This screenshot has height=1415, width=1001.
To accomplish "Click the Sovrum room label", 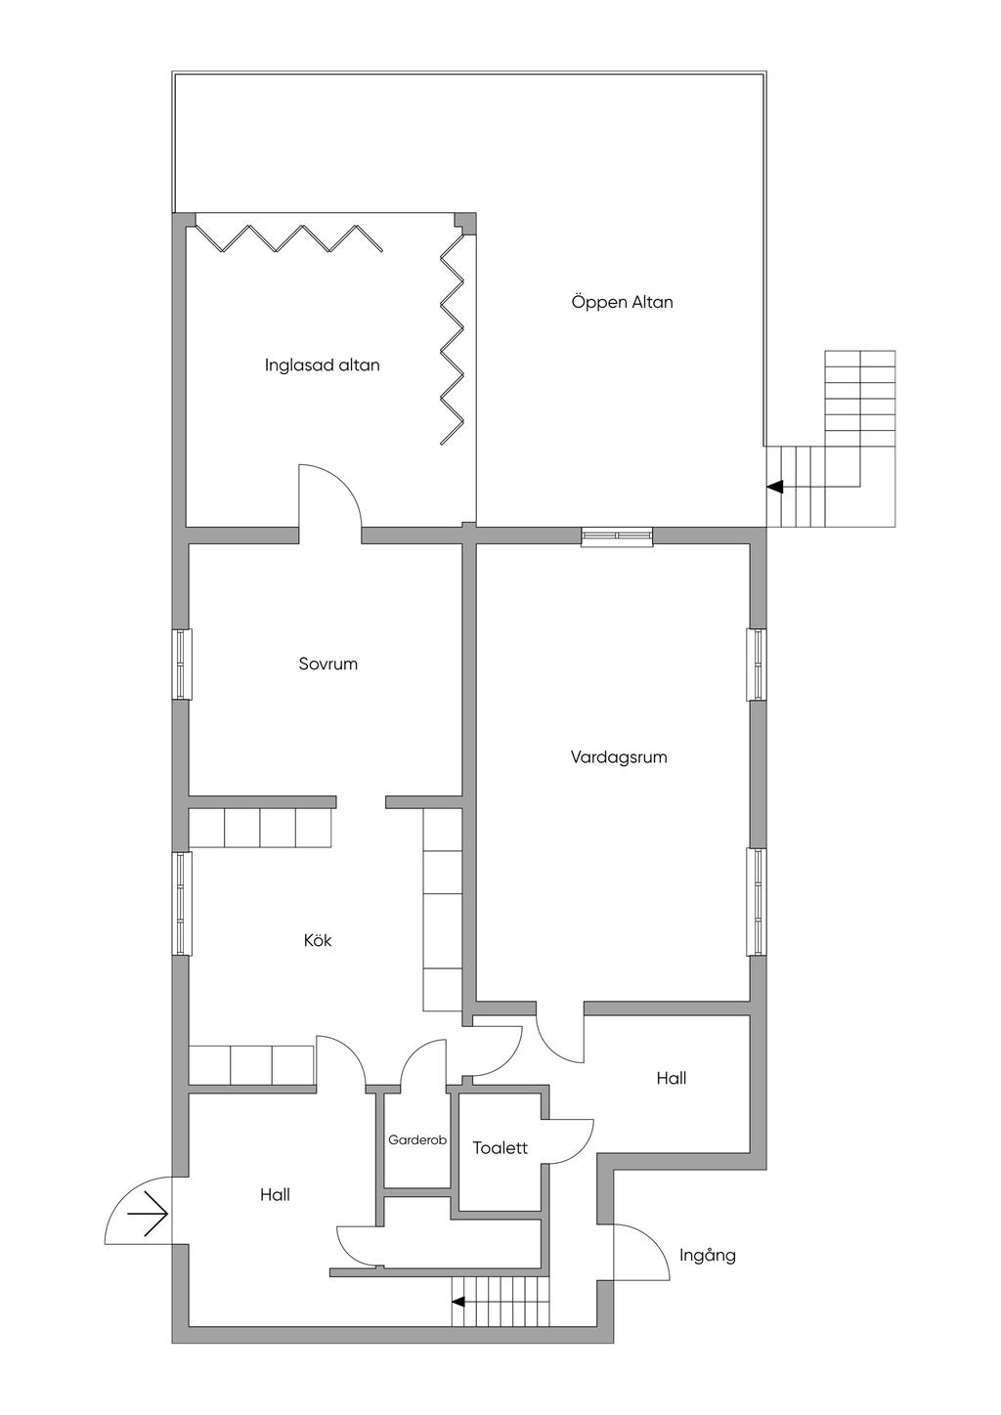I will click(328, 665).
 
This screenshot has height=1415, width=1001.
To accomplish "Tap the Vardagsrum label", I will click(619, 757).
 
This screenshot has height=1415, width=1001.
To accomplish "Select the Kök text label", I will click(318, 941).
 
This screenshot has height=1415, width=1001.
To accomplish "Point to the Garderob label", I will click(417, 1140).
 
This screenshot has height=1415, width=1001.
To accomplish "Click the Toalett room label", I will click(500, 1148).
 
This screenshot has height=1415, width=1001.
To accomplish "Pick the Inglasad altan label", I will click(323, 365).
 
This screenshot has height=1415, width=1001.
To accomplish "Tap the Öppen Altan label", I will click(623, 302).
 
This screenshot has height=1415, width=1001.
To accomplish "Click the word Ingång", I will click(708, 1256).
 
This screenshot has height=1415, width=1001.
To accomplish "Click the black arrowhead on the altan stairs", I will click(775, 487).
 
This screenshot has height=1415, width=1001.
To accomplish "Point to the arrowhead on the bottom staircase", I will click(457, 1301).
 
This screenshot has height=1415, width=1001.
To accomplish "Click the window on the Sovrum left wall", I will click(181, 664).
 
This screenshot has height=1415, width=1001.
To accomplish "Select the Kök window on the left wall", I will click(181, 903).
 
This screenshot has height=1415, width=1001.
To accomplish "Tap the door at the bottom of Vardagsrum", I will click(559, 1034).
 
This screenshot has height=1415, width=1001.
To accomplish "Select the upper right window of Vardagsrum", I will click(758, 665).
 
